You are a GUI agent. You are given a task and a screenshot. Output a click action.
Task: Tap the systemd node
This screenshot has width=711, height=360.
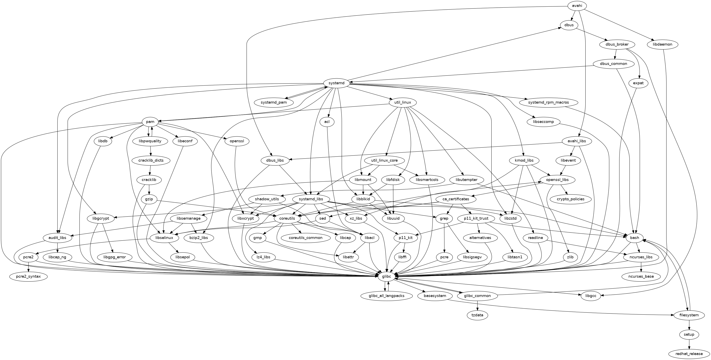(337, 83)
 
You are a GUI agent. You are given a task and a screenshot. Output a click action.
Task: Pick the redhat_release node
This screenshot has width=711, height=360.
(689, 354)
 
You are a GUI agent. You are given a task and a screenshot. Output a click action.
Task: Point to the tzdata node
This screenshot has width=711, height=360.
(477, 315)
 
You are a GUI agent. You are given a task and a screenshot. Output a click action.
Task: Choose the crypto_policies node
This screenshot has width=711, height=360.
(571, 199)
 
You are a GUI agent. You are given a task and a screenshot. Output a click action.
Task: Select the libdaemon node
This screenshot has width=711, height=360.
(663, 44)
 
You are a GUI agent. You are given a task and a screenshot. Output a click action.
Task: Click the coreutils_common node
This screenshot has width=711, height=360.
(306, 238)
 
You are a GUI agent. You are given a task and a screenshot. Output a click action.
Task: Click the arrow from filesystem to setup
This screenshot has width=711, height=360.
(689, 325)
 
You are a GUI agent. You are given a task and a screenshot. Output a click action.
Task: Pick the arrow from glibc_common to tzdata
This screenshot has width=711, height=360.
(477, 305)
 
